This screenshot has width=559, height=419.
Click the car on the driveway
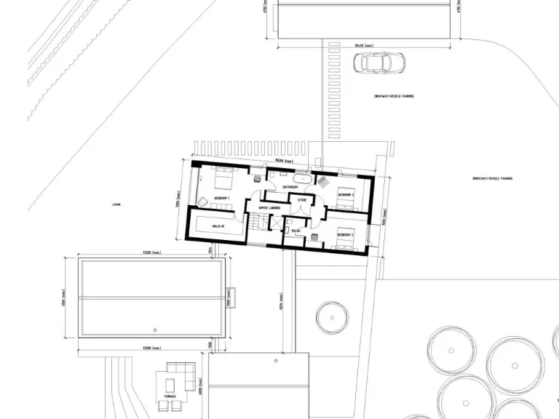(x=372, y=63)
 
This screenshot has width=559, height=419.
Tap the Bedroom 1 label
(x=221, y=198)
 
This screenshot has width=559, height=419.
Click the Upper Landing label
(x=269, y=208)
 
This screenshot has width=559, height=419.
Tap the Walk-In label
(x=218, y=226)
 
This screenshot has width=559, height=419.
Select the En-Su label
(x=296, y=231)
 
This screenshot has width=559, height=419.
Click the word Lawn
(x=116, y=205)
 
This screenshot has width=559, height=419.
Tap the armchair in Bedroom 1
(x=256, y=178)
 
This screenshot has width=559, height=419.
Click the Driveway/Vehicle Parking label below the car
(x=394, y=95)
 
